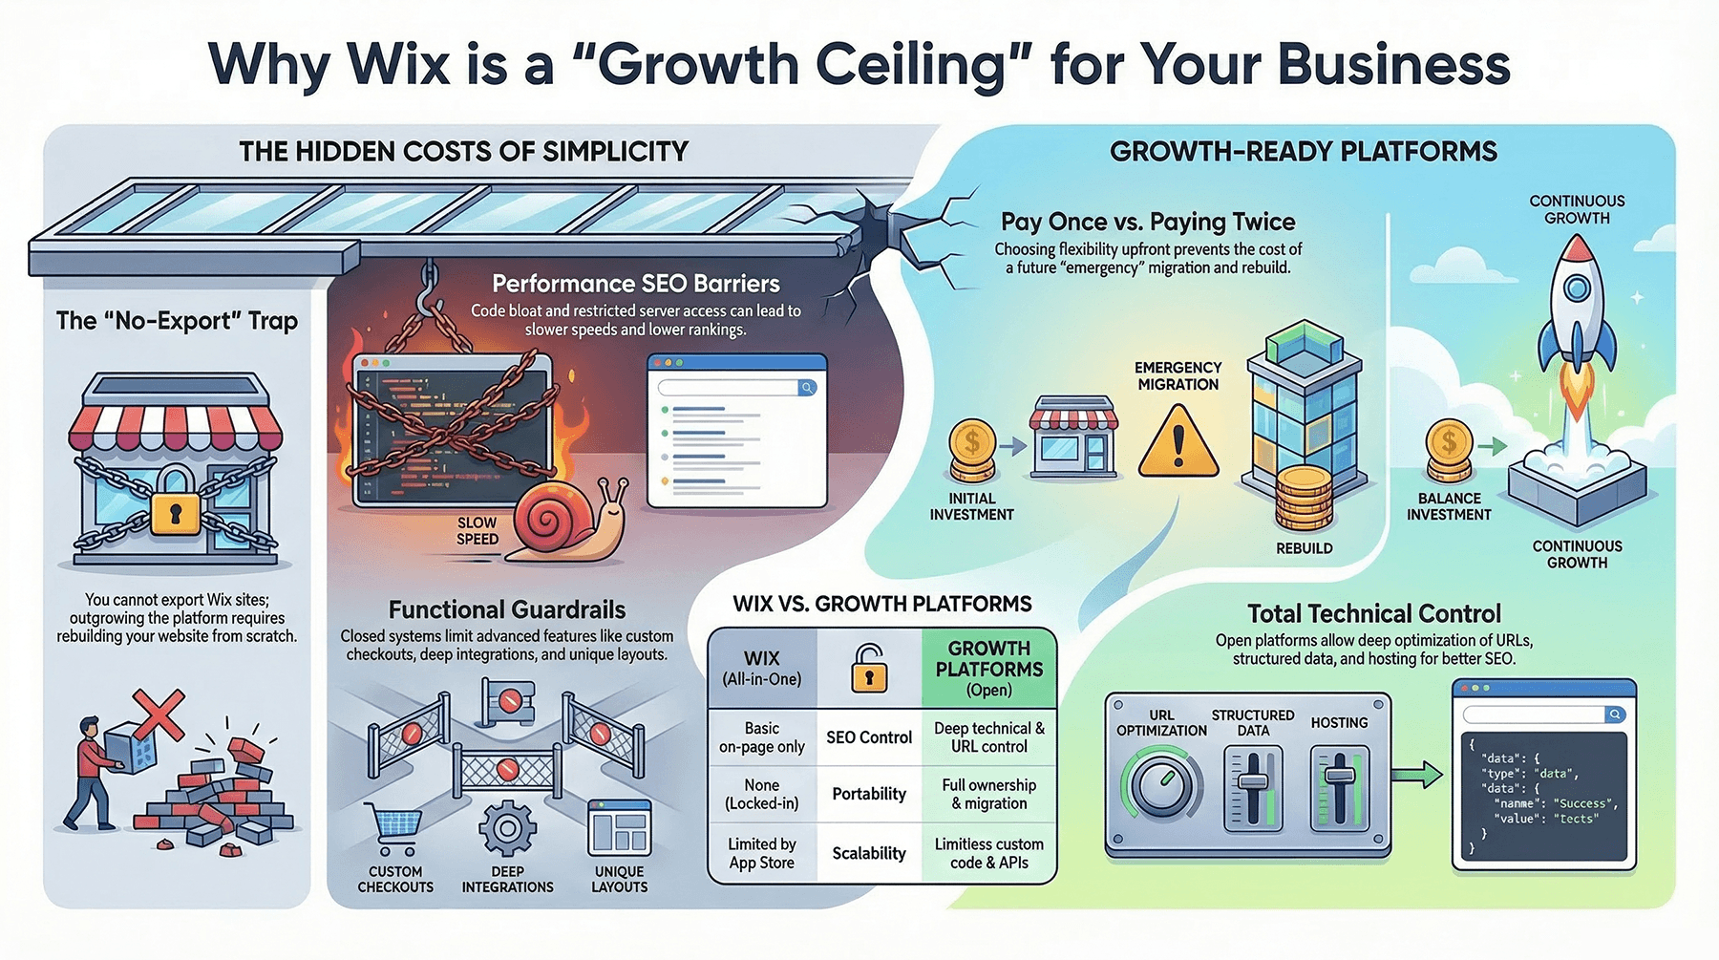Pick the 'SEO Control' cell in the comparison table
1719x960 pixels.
coord(869,737)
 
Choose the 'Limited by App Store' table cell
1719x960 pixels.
coord(762,853)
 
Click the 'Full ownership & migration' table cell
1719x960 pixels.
coord(989,794)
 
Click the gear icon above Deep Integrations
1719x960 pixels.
coord(507,829)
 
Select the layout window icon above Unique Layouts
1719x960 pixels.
coord(620,828)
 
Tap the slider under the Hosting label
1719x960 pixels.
coord(1340,787)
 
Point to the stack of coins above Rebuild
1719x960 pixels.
coord(1305,499)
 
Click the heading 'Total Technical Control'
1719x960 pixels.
coord(1374,613)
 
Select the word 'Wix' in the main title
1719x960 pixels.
coord(398,65)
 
